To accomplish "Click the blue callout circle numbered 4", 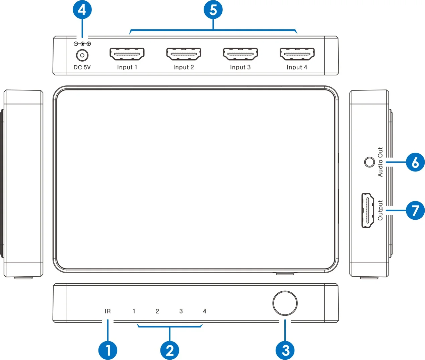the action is coord(82,10).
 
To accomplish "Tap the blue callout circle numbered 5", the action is coord(213,10).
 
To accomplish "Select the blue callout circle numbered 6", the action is coord(415,162).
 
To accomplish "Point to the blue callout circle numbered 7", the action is coord(415,210).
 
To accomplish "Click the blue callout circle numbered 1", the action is coord(108,350).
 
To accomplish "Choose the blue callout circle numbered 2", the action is coord(169,350).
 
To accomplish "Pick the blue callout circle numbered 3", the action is coord(285,350).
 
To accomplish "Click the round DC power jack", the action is coord(82,55).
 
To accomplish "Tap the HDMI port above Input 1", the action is coord(127,54).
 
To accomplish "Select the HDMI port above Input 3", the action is coord(240,54).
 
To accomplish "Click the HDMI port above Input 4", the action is coord(297,54).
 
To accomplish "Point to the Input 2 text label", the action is coord(184,67).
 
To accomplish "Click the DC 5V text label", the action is coord(82,67).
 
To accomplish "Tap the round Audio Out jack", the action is coord(369,162).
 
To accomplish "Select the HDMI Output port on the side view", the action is coord(368,210).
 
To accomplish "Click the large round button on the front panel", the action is coord(285,303).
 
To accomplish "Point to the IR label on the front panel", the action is coord(108,311).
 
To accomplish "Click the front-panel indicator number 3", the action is coord(181,311).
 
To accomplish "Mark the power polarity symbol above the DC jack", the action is coord(82,44).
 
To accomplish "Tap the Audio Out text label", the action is coord(380,162).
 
